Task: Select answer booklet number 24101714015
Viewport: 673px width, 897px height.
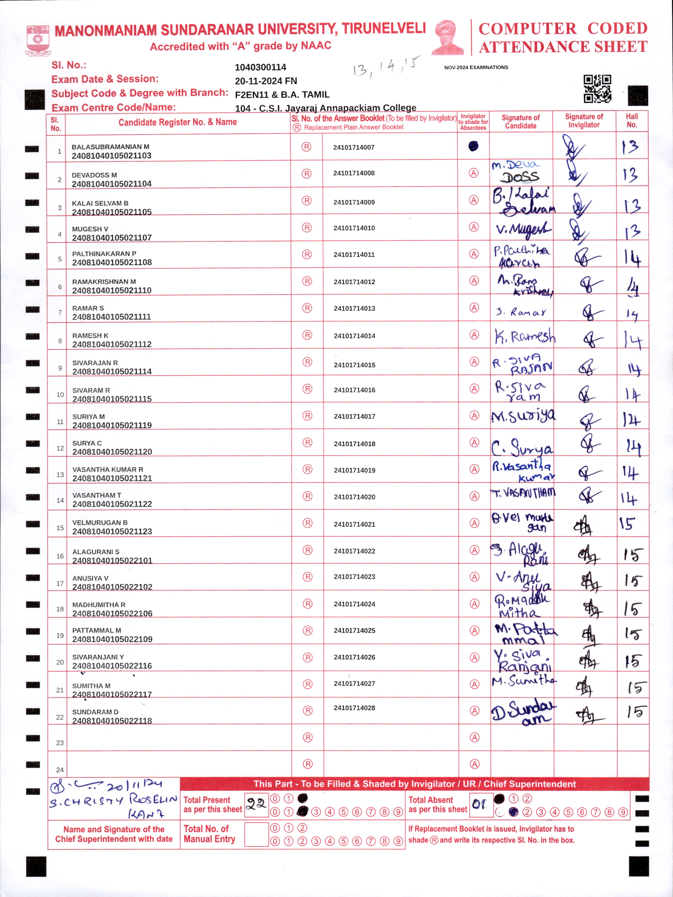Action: point(354,365)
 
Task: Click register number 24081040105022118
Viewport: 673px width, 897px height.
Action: point(112,721)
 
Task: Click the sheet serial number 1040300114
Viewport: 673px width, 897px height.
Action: point(260,67)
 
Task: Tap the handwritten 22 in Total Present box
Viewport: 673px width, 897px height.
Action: point(256,804)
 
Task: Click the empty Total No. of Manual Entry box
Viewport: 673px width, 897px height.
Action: point(256,834)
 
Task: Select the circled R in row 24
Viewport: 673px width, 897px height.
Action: point(308,764)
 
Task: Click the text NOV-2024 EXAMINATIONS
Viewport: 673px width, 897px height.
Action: point(476,67)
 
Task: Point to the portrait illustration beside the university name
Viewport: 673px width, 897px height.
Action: point(448,37)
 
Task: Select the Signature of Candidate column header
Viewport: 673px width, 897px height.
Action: point(521,121)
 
